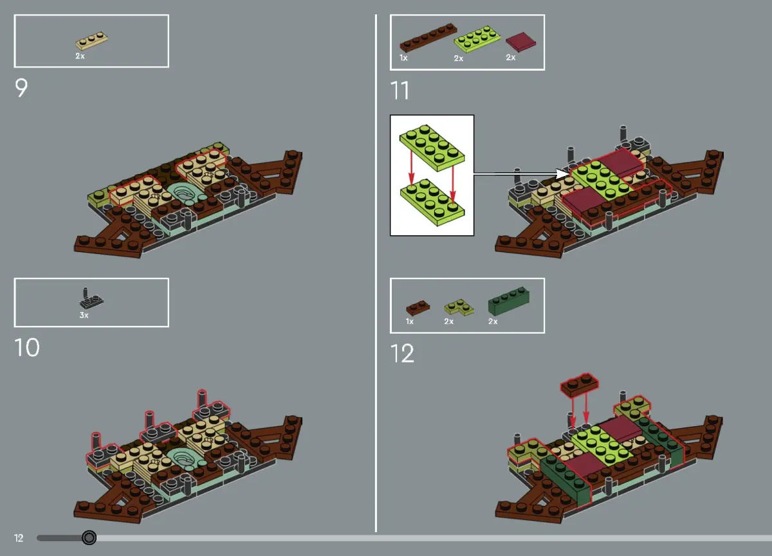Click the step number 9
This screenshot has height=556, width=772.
pos(21,88)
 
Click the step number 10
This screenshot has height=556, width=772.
pos(27,347)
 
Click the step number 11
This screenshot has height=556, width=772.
pos(400,90)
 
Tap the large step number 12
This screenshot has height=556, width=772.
pos(402,354)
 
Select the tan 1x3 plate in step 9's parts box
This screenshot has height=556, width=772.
pos(91,41)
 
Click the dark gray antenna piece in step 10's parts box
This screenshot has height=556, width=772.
pos(91,298)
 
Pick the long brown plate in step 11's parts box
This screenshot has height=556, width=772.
pos(428,37)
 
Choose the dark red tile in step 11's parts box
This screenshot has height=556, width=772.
pos(520,42)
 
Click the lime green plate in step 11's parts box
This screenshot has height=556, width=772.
pos(477,39)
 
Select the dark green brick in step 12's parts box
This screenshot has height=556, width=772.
pos(509,301)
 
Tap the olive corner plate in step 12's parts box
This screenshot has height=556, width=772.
pos(459,307)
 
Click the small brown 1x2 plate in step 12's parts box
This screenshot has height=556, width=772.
pos(418,307)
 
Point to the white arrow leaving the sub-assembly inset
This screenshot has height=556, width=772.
pos(522,174)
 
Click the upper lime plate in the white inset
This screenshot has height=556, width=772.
pos(432,147)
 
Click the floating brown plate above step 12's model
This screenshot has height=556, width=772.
pos(580,384)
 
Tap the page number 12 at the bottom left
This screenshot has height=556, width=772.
pos(19,538)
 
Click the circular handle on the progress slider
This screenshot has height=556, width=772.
pos(89,538)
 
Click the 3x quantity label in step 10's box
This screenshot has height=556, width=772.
pos(84,315)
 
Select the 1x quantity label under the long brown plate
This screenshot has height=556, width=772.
pos(403,58)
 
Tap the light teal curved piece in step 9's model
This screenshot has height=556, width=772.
pos(185,194)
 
